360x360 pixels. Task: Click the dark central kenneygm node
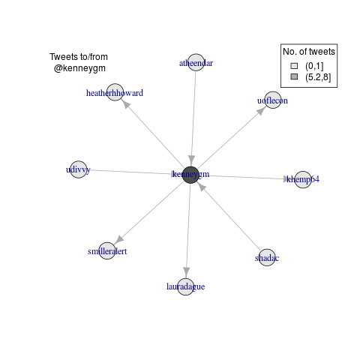pos(190,175)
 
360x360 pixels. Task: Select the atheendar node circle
pos(196,62)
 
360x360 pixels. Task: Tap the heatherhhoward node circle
pos(115,92)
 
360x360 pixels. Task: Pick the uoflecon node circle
pos(273,100)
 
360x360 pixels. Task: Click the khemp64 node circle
pos(303,179)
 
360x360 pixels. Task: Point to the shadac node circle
pos(267,257)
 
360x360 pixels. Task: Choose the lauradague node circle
pos(186,286)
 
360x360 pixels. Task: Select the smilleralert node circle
pos(107,250)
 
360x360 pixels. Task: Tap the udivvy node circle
pos(79,169)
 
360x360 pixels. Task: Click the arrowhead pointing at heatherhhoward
pos(127,105)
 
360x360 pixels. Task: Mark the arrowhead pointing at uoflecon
pos(260,111)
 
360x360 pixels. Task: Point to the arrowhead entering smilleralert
pos(119,239)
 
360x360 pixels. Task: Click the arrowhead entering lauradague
pos(186,271)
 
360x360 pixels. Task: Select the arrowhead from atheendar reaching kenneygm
pos(191,160)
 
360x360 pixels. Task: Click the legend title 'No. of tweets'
pos(309,52)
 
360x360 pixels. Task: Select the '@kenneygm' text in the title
pos(79,68)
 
